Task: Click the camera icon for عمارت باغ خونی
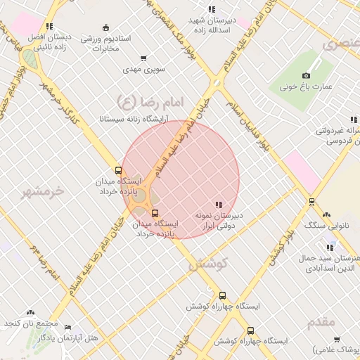tap(306, 76)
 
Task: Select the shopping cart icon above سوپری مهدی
tap(143, 58)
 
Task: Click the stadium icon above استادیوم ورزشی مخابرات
tap(105, 27)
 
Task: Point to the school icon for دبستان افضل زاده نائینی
tap(49, 26)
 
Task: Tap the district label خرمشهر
tap(58, 191)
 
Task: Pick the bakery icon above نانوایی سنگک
tap(326, 215)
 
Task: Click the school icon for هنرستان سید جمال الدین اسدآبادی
tap(330, 247)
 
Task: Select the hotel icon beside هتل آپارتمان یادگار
tap(67, 327)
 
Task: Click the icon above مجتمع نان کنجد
tap(30, 312)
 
